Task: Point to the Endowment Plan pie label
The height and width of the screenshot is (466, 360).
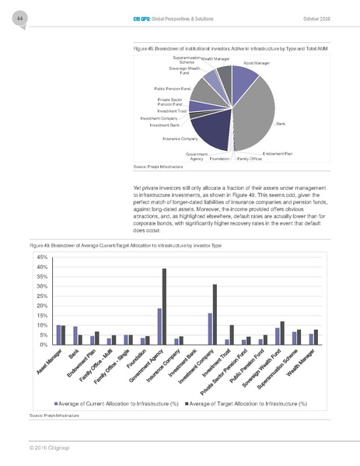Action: tap(278, 154)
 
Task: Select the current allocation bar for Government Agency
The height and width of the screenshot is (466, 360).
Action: tap(159, 326)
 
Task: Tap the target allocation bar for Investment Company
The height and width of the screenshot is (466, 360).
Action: tap(215, 314)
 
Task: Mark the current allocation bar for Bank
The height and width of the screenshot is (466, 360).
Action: tap(75, 335)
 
